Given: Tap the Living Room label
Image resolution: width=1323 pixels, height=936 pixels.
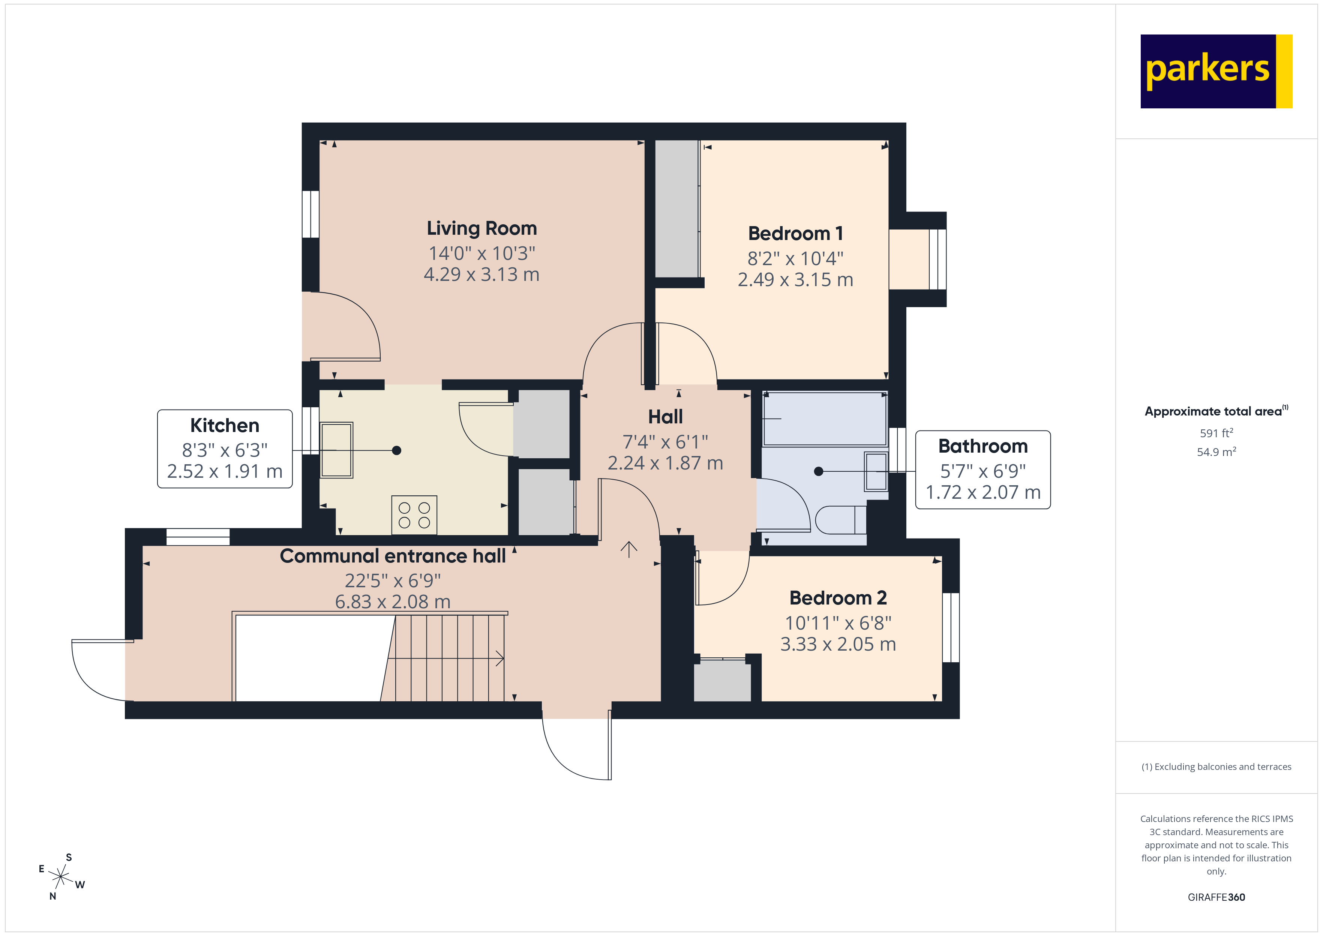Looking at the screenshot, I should coord(482,228).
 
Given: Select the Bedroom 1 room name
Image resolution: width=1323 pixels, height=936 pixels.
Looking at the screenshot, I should coord(795,233).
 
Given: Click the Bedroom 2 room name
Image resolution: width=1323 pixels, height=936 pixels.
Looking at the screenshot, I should coord(838,598).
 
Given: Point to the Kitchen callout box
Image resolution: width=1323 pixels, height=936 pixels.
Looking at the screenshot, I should coord(225,448).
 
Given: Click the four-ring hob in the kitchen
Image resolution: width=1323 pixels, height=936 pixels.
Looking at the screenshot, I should coord(414,514).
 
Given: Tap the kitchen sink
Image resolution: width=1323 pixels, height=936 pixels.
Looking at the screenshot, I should coord(336,450).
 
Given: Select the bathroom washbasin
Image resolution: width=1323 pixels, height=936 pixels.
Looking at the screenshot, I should coord(876,471).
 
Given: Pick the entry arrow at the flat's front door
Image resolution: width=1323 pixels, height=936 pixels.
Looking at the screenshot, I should coord(628,549).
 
